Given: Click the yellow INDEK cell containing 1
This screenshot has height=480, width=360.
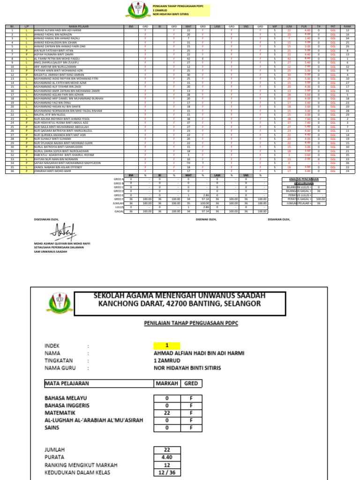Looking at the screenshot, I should pyautogui.click(x=166, y=345).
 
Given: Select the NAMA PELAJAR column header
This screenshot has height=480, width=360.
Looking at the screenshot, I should pyautogui.click(x=78, y=27).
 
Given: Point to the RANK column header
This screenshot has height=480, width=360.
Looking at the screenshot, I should pyautogui.click(x=347, y=27).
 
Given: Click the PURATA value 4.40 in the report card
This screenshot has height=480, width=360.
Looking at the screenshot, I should pyautogui.click(x=166, y=457).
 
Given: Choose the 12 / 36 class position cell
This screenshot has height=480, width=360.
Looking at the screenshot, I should pyautogui.click(x=166, y=472).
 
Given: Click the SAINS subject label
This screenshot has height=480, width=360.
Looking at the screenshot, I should pyautogui.click(x=52, y=427).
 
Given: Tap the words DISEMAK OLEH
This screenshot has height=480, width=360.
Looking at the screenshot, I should pyautogui.click(x=206, y=219).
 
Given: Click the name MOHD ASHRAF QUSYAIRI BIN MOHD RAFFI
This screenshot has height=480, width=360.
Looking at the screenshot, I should pyautogui.click(x=61, y=244).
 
